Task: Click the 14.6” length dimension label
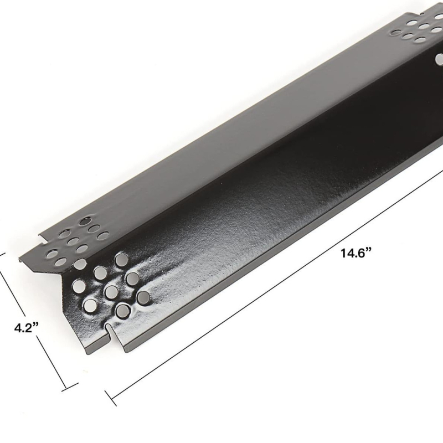coord(356,253)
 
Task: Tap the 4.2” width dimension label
coord(26,328)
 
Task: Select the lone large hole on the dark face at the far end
coord(439,59)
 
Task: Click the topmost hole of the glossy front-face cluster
coord(121,259)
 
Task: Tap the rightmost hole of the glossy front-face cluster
coord(143,297)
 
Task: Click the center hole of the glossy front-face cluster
coord(111,292)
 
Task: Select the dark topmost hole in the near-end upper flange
coord(85,221)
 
